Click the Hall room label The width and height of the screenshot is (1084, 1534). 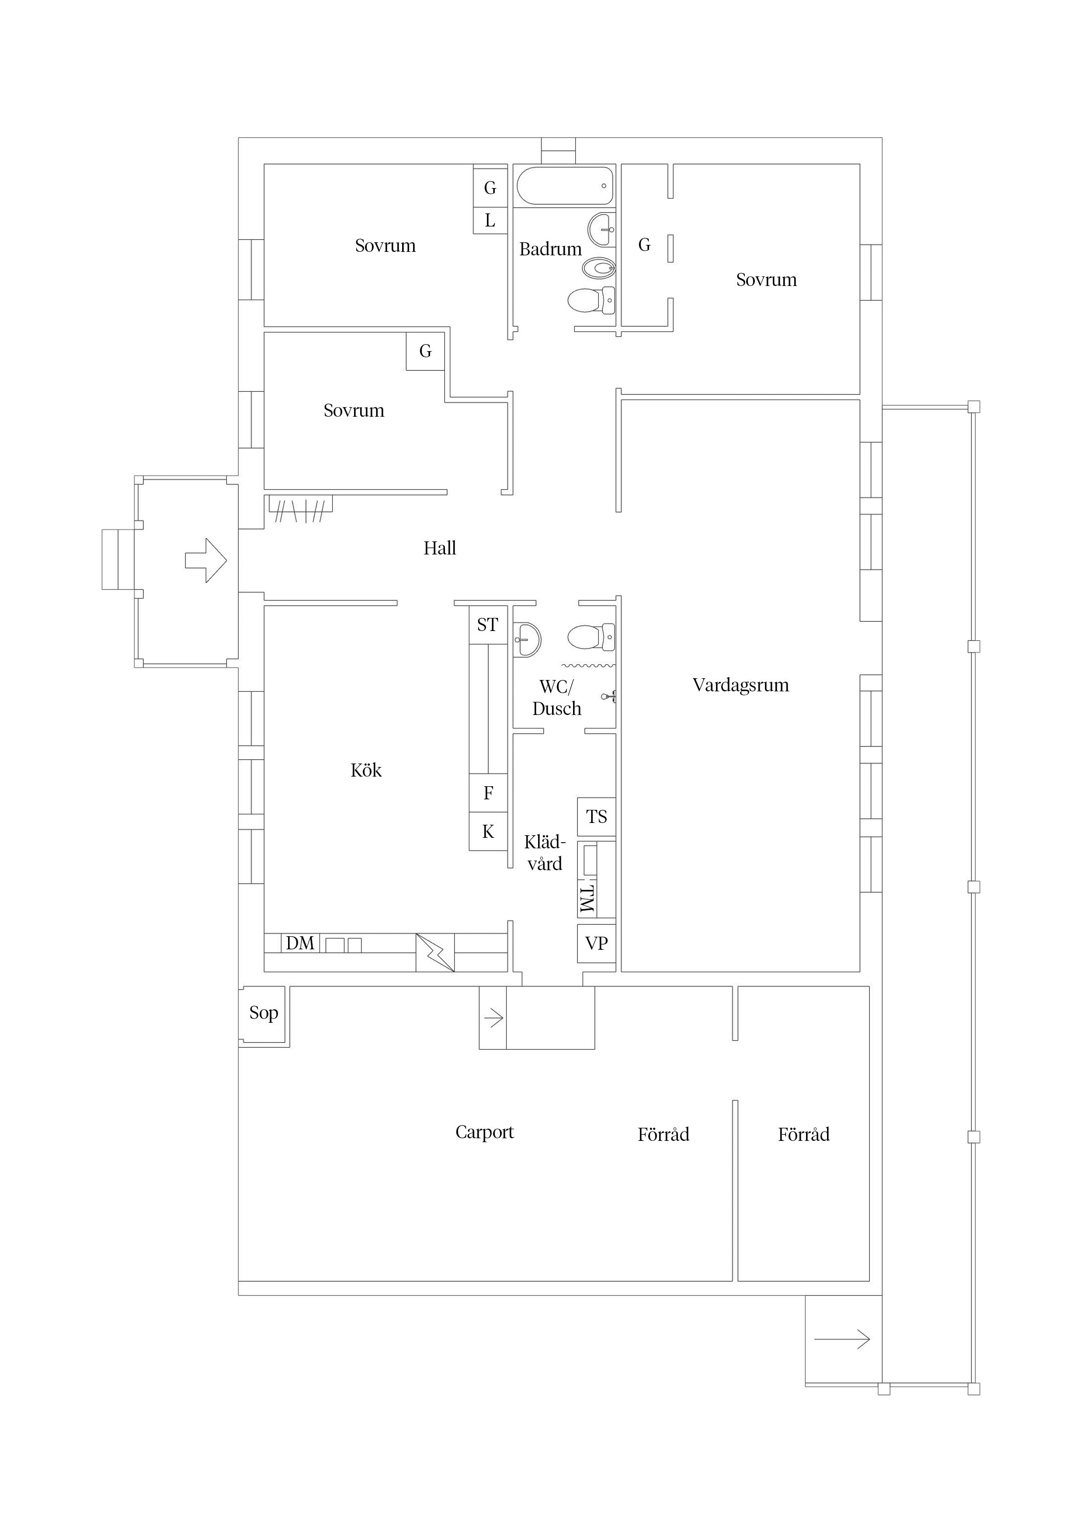click(439, 548)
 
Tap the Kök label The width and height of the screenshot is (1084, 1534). click(366, 770)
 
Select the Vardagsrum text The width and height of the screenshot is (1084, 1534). click(741, 686)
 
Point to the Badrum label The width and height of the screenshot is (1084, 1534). click(550, 249)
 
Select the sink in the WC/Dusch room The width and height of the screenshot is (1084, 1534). click(527, 639)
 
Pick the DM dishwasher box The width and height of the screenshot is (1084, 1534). click(300, 943)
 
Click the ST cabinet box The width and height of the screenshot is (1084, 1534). click(487, 625)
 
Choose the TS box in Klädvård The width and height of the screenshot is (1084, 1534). click(597, 816)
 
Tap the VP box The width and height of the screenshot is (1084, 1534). click(597, 943)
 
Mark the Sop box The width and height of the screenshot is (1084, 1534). click(264, 1013)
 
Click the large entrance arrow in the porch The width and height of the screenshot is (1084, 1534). click(206, 560)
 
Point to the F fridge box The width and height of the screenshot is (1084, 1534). click(488, 793)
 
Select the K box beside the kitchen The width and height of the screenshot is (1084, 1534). click(488, 832)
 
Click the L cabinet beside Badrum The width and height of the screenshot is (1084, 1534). click(490, 220)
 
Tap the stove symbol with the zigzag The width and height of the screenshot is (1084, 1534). click(435, 952)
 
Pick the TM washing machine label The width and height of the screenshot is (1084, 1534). click(587, 899)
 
